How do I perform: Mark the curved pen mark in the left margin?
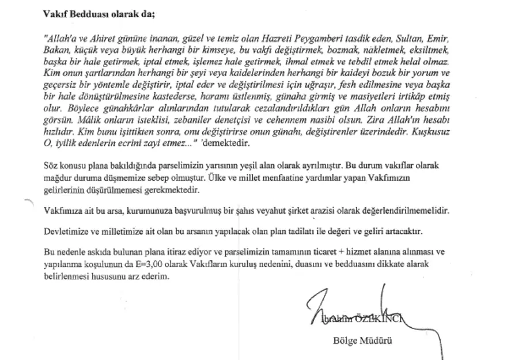pyautogui.click(x=26, y=202)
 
